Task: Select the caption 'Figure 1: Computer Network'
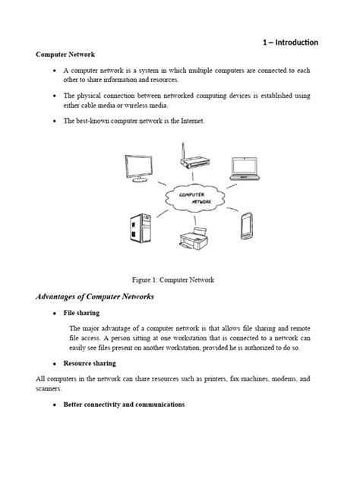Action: click(180, 279)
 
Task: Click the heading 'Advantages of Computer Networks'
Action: click(95, 296)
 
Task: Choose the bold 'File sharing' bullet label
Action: click(81, 313)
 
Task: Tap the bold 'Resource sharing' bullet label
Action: click(88, 363)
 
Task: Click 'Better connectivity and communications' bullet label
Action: click(123, 405)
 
